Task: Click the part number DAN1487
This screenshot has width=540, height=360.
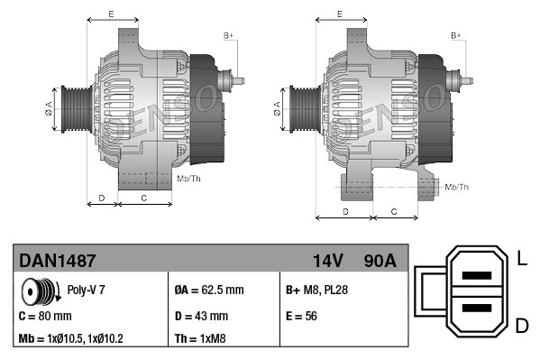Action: click(57, 261)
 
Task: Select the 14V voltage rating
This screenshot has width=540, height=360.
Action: click(328, 261)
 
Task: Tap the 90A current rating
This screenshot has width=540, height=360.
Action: click(379, 261)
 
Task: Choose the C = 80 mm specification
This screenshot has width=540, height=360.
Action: click(45, 317)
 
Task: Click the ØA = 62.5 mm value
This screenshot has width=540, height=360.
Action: click(208, 291)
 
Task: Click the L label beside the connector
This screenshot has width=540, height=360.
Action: click(522, 261)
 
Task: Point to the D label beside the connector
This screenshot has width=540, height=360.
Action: click(522, 324)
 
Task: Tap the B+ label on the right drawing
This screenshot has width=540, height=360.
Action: click(455, 35)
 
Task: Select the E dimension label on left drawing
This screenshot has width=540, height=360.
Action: click(111, 14)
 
